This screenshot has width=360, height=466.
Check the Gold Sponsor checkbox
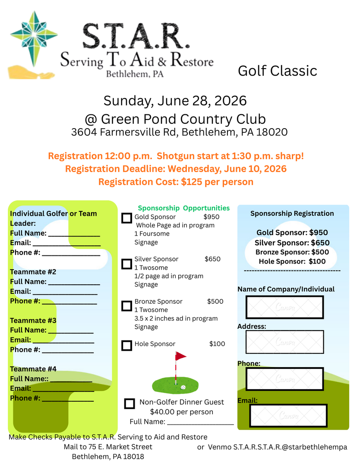[126, 218]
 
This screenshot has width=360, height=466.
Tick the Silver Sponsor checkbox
[126, 263]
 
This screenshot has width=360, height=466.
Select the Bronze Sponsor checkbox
[126, 305]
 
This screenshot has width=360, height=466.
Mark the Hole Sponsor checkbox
[126, 345]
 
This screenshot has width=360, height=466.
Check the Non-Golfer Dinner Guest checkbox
[129, 403]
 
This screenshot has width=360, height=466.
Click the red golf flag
[180, 356]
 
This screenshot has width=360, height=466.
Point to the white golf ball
[183, 387]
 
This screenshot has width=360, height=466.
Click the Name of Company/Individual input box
[284, 307]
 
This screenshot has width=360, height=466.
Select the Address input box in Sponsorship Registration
[284, 342]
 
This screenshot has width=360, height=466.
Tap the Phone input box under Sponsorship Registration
[284, 379]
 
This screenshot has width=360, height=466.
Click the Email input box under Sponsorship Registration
[288, 416]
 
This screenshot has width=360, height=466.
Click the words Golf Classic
[278, 71]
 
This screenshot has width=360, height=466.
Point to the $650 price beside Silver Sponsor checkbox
[212, 259]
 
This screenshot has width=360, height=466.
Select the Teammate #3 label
[33, 321]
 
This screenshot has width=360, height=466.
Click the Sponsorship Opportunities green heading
[183, 208]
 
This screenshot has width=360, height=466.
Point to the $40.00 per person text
[181, 412]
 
